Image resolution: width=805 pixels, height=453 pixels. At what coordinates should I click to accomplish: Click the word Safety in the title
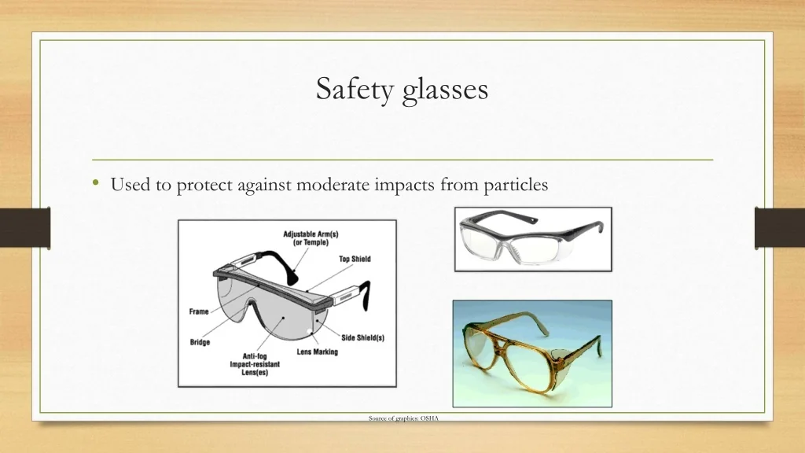pos(355,89)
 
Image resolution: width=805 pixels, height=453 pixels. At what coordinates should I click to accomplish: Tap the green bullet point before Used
pos(95,182)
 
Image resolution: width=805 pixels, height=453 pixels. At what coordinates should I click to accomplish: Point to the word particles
pos(516,185)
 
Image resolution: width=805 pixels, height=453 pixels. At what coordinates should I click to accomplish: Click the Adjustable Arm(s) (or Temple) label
pos(311,238)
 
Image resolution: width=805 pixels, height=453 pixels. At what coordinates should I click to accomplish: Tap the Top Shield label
pos(355,259)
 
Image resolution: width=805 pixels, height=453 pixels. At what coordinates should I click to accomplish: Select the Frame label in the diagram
pos(199,311)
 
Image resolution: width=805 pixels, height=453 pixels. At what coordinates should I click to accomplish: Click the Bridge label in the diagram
pos(200,342)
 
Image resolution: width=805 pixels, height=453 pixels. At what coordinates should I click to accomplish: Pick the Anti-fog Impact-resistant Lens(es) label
pos(255,364)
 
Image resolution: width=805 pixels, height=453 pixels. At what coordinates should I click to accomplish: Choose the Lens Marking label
pos(318,352)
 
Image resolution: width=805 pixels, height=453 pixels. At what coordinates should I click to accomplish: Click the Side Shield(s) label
pos(363,337)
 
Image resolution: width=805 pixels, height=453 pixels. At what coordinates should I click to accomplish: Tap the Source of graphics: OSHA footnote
pos(403,418)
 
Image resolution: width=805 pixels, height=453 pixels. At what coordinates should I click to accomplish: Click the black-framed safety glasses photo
pos(534,239)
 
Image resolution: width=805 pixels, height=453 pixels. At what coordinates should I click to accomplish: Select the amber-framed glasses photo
pos(532,354)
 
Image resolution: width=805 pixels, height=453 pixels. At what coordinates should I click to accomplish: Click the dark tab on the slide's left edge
pos(25,227)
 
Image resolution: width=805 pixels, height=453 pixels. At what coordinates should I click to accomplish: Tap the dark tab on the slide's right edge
pos(780,227)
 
